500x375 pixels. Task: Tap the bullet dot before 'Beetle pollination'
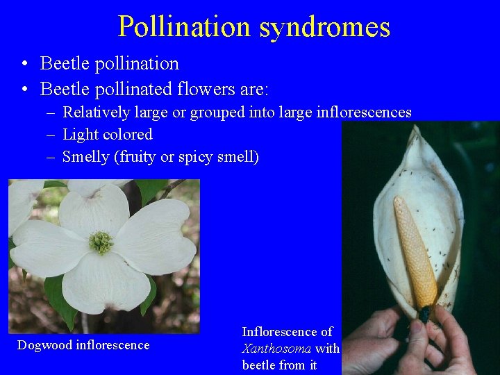(24, 65)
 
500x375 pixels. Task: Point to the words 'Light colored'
(107, 135)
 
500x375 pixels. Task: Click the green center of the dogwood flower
(101, 242)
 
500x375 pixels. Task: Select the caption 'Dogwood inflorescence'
(83, 345)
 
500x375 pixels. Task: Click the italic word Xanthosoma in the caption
(276, 349)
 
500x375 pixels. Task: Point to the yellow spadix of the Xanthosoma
(415, 250)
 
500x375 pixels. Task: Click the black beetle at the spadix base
(424, 314)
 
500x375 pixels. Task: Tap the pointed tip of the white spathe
(417, 129)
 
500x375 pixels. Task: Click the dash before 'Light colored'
(51, 135)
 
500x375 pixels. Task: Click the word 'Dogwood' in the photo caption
(44, 345)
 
